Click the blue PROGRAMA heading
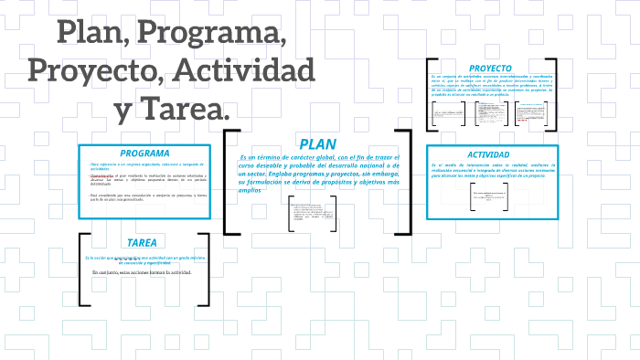(x=144, y=153)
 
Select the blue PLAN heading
(x=317, y=144)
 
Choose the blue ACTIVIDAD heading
(x=488, y=154)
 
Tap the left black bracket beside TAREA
(x=82, y=269)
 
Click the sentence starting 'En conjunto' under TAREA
(x=142, y=273)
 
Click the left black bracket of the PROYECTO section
(x=429, y=95)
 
